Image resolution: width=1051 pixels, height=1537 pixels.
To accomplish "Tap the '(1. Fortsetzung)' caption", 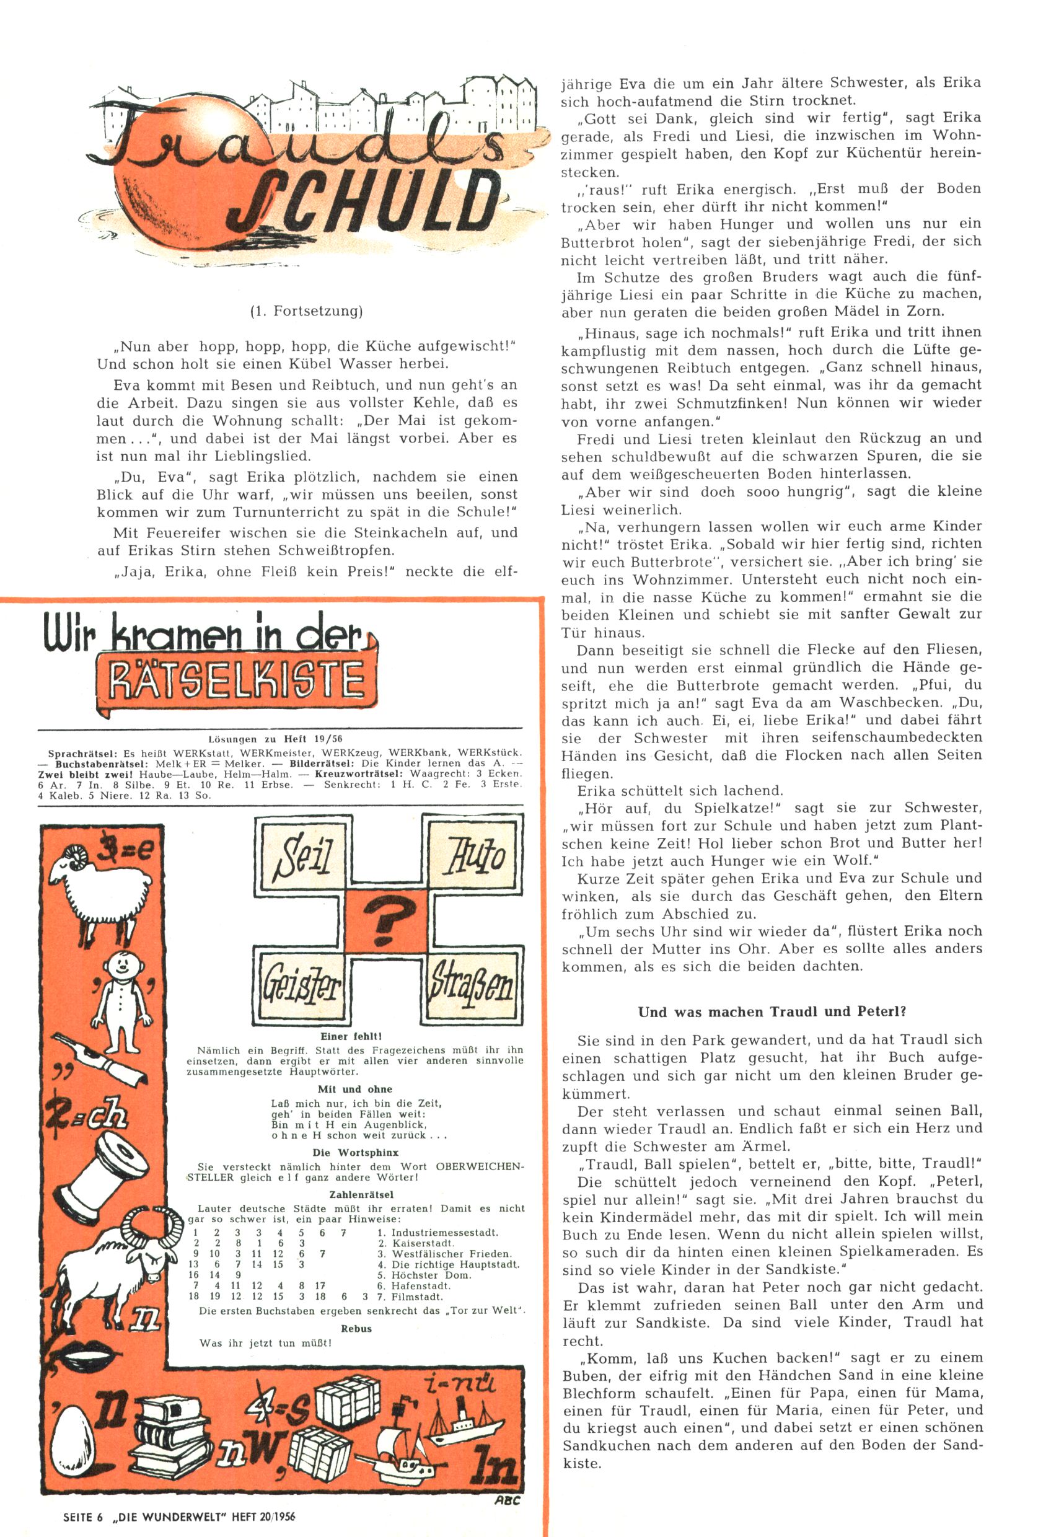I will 306,311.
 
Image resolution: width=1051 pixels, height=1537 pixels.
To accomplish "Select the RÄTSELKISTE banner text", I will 236,680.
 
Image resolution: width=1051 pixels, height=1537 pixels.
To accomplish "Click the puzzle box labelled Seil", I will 303,855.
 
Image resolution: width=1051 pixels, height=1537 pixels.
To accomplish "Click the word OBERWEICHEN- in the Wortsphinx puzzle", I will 480,1166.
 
